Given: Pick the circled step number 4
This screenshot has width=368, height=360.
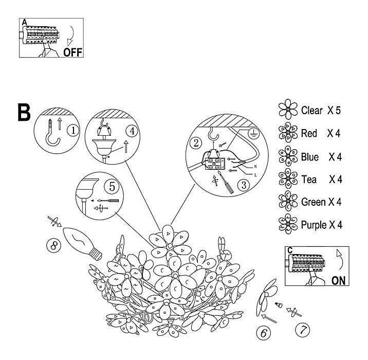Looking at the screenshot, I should [132, 130].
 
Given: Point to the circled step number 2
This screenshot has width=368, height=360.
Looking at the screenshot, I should [195, 142].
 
